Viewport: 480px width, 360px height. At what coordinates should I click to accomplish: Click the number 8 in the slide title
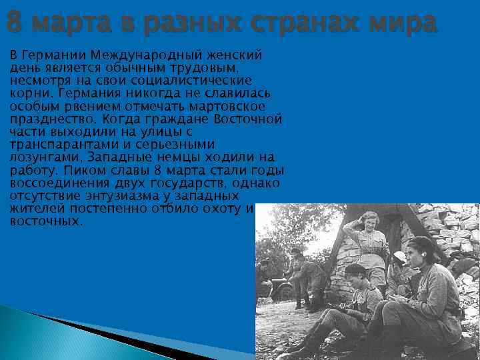[x=13, y=23]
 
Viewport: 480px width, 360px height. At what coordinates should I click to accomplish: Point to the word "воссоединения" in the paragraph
[x=51, y=183]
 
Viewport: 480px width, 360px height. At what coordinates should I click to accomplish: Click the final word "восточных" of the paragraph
[x=45, y=221]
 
